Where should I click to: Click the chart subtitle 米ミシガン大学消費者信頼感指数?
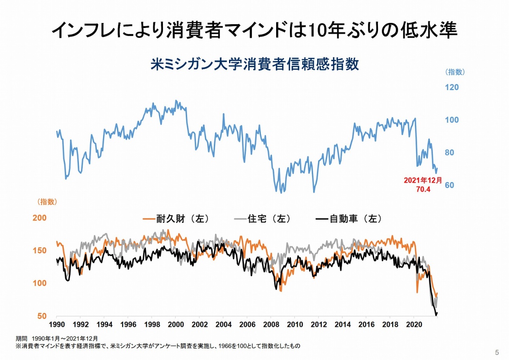255,65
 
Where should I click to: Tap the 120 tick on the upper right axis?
452,87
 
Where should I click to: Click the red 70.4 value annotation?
423,190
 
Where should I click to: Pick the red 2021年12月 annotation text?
423,181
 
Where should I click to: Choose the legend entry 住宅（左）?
263,219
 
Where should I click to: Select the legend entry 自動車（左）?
349,219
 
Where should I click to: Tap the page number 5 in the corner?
497,352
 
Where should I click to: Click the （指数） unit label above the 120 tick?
455,72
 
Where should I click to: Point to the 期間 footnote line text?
57,339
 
